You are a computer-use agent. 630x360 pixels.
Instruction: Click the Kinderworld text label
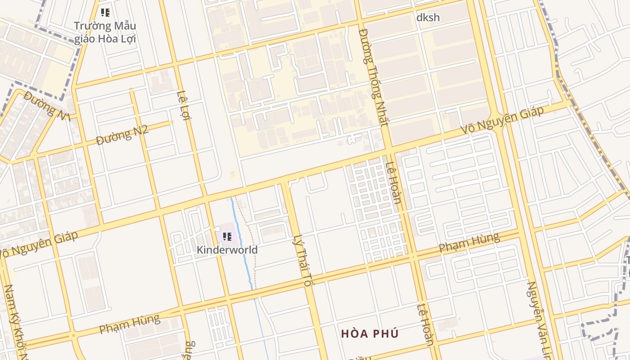pos(227,250)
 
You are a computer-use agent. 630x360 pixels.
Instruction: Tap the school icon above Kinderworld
pos(227,236)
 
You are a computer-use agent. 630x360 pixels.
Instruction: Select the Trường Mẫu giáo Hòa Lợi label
pos(105,32)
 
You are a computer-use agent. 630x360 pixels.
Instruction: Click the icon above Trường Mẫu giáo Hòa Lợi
pos(105,13)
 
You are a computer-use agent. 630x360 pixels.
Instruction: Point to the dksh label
pos(427,18)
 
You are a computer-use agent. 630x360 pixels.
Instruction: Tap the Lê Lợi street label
pos(184,106)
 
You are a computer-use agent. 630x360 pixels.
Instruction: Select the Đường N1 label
pos(48,106)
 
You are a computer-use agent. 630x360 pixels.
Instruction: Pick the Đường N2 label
pos(122,135)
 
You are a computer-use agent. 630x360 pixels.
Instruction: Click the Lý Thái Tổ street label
pos(302,260)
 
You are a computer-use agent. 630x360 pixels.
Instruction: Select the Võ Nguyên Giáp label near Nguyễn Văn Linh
pos(502,120)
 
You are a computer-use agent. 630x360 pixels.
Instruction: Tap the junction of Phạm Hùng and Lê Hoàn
pos(413,256)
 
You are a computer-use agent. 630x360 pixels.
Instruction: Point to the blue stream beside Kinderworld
pos(243,243)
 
